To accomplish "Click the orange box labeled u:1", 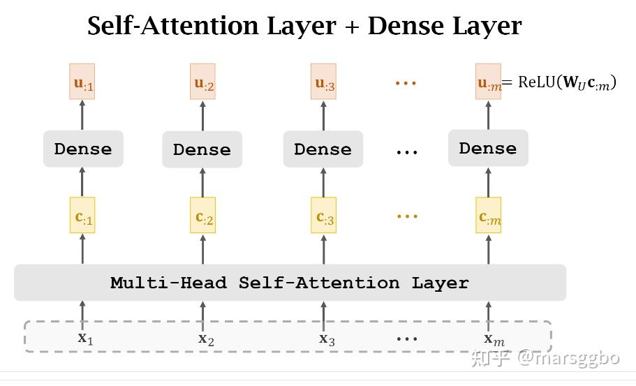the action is pyautogui.click(x=82, y=81).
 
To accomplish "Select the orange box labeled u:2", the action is pyautogui.click(x=202, y=81).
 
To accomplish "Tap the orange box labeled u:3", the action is pyautogui.click(x=323, y=81).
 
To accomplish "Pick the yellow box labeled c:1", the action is pyautogui.click(x=82, y=215).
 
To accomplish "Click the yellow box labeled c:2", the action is pyautogui.click(x=202, y=215).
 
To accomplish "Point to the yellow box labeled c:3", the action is pyautogui.click(x=324, y=215).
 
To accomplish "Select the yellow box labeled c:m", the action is pyautogui.click(x=489, y=215).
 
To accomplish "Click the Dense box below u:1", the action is pyautogui.click(x=83, y=149).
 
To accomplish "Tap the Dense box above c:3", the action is pyautogui.click(x=323, y=149).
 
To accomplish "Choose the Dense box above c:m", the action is pyautogui.click(x=488, y=148).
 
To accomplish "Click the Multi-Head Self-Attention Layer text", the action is pyautogui.click(x=290, y=283).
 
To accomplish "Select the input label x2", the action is pyautogui.click(x=206, y=339).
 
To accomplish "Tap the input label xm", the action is pyautogui.click(x=494, y=339).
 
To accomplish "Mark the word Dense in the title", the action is pyautogui.click(x=406, y=26).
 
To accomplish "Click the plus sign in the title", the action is pyautogui.click(x=352, y=27).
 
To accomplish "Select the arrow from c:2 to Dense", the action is pyautogui.click(x=202, y=182).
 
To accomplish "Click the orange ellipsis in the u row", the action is pyautogui.click(x=406, y=83).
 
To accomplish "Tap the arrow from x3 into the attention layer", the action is pyautogui.click(x=323, y=316).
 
